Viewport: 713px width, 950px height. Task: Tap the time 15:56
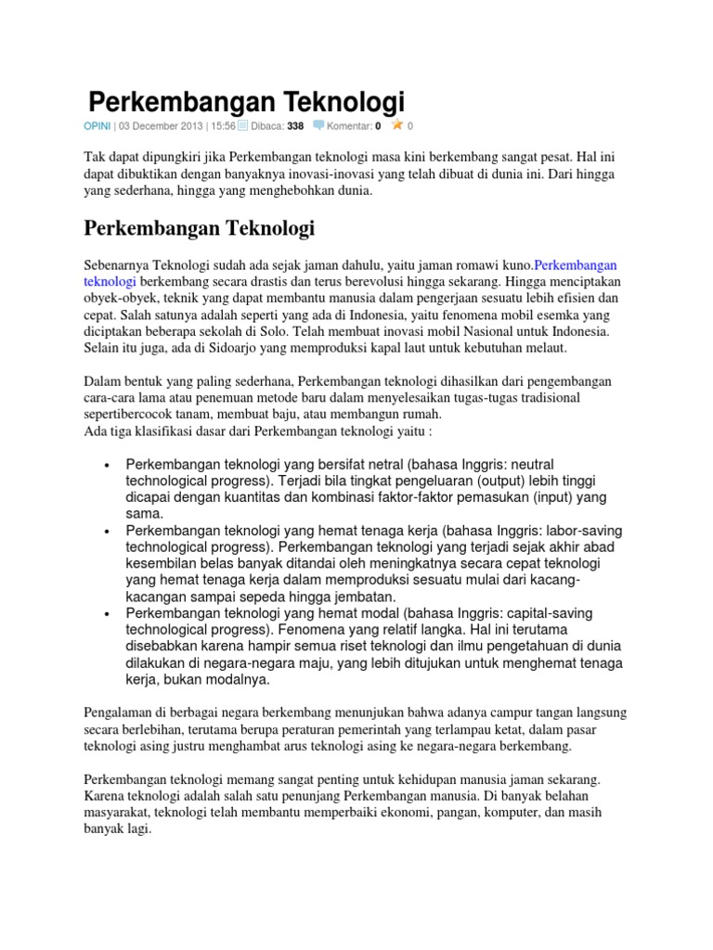click(x=222, y=125)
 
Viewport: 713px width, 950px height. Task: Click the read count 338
click(x=295, y=125)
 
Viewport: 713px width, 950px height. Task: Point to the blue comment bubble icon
click(x=318, y=124)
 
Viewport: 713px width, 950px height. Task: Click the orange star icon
click(x=397, y=124)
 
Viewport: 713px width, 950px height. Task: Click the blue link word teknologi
click(x=110, y=281)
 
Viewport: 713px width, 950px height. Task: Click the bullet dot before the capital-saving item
click(x=109, y=614)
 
